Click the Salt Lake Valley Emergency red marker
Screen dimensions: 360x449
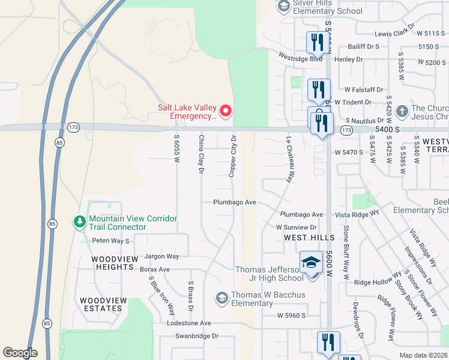click(x=226, y=110)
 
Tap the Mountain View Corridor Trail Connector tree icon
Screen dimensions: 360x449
click(x=80, y=222)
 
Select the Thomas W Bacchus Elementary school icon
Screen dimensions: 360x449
click(x=222, y=298)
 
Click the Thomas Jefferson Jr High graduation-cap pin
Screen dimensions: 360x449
click(x=311, y=263)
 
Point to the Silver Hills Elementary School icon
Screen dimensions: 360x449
click(x=283, y=7)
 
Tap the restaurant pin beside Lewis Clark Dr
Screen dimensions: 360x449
click(x=315, y=42)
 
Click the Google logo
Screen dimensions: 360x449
click(x=20, y=353)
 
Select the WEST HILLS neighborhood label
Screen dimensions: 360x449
click(x=309, y=238)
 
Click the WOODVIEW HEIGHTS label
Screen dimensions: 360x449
click(x=112, y=263)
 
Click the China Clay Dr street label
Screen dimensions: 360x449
click(x=202, y=155)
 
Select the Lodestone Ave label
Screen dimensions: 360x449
click(x=190, y=323)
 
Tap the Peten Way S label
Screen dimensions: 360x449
click(x=110, y=241)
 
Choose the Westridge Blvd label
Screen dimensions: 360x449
click(x=301, y=58)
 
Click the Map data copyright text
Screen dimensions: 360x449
click(x=423, y=355)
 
